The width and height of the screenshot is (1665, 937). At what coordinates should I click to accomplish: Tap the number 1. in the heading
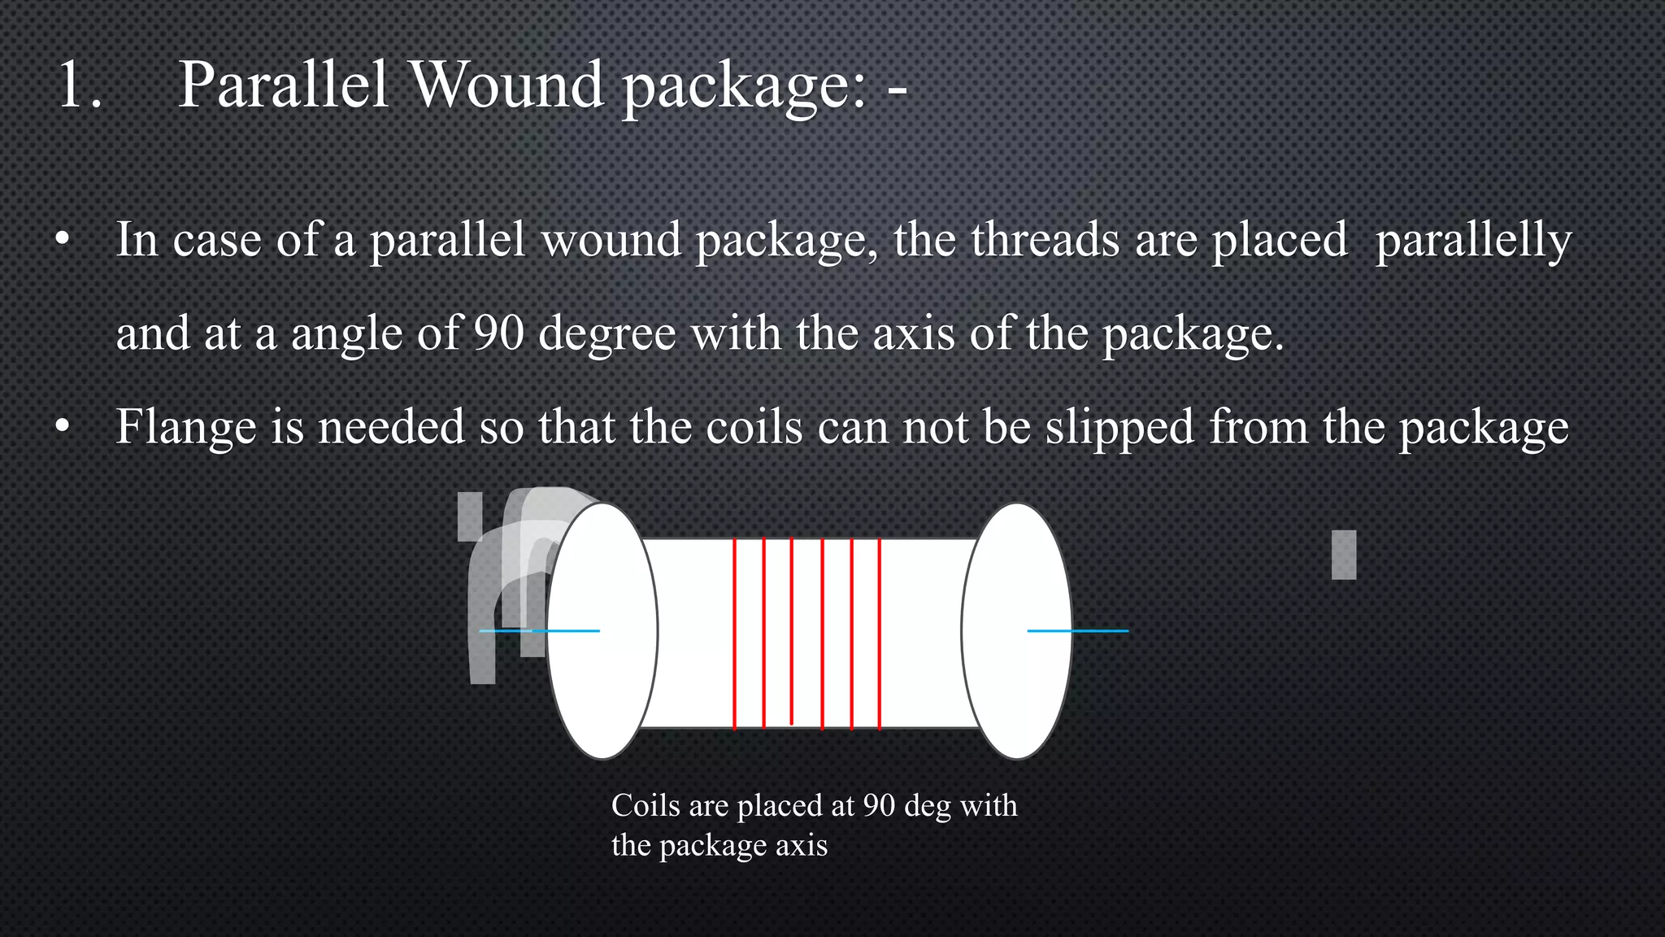[80, 85]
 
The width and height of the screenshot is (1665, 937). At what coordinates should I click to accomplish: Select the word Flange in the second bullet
[185, 426]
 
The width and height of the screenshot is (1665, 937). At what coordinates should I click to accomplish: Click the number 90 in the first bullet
[498, 333]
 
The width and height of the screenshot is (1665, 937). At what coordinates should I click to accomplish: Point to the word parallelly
[1473, 241]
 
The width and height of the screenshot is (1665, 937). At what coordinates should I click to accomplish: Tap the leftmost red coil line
[734, 634]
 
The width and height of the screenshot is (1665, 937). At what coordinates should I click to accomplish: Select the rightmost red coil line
[880, 634]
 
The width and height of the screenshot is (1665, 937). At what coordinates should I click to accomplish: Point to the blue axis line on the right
[1078, 630]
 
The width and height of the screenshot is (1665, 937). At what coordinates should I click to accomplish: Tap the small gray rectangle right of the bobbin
[1344, 555]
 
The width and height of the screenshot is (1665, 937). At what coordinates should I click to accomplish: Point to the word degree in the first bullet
[606, 334]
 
